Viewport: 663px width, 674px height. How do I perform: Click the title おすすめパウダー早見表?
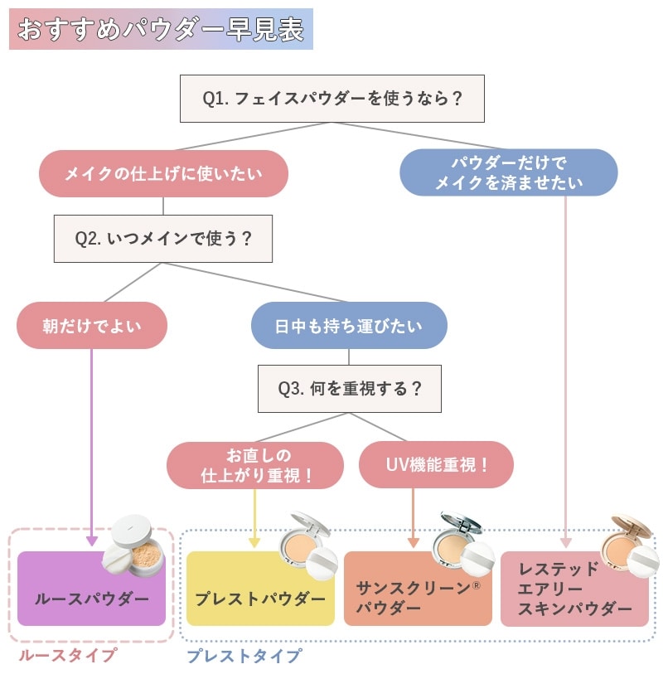pyautogui.click(x=161, y=29)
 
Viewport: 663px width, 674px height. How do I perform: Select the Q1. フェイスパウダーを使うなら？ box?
pyautogui.click(x=331, y=99)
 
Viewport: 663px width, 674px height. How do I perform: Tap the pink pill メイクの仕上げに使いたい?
pyautogui.click(x=163, y=173)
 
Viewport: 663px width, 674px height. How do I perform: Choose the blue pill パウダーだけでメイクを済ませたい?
pyautogui.click(x=509, y=172)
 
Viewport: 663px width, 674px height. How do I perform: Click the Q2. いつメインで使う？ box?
pyautogui.click(x=163, y=239)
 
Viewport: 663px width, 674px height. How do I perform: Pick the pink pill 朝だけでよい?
pyautogui.click(x=92, y=325)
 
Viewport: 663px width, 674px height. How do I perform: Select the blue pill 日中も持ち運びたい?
pyautogui.click(x=349, y=325)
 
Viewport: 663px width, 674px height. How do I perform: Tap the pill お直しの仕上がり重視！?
pyautogui.click(x=255, y=465)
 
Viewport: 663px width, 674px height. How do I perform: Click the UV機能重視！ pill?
pyautogui.click(x=436, y=465)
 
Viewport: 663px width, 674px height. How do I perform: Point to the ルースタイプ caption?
pyautogui.click(x=68, y=656)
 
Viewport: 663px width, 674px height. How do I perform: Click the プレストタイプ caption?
pyautogui.click(x=244, y=656)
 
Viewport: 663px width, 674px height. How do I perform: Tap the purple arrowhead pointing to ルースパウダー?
pyautogui.click(x=92, y=540)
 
